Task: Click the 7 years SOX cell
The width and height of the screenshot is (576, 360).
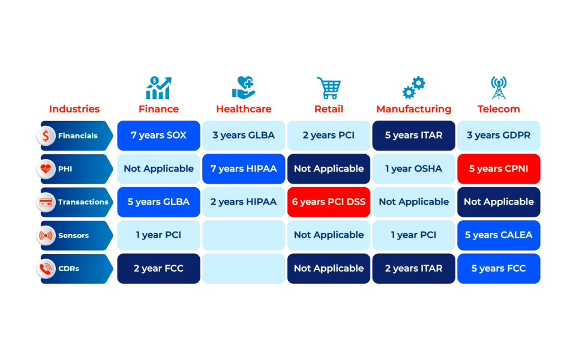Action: coord(159,136)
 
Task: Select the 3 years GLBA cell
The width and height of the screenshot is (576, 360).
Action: coord(244,136)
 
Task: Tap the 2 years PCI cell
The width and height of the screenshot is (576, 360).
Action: coord(329,136)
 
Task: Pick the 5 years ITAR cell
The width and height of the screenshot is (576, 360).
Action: coord(414,136)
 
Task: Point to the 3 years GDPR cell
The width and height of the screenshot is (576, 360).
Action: coord(499,136)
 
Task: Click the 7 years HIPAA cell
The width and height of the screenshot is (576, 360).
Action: coord(244,169)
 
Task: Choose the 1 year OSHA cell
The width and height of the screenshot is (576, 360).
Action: coord(414,169)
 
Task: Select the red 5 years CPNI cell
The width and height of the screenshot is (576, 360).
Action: coord(499,169)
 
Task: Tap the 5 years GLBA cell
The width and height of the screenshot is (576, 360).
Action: coord(159,202)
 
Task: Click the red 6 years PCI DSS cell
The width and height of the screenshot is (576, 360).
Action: coord(329,202)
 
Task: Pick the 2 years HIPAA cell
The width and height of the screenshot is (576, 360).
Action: coord(244,202)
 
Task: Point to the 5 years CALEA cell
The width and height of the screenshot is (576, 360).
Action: coord(499,235)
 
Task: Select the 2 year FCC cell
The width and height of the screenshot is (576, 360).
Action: coord(159,268)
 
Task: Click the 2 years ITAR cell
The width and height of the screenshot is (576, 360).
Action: coord(414,268)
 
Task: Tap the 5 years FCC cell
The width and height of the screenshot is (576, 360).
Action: coord(499,268)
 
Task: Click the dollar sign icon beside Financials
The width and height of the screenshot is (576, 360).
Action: coord(46,136)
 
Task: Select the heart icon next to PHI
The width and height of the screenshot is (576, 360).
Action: coord(46,169)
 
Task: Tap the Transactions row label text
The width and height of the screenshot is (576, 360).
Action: coord(83,202)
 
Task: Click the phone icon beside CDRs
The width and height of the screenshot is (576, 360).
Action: coord(46,269)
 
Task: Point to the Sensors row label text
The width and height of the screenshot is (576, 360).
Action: coord(73,236)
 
